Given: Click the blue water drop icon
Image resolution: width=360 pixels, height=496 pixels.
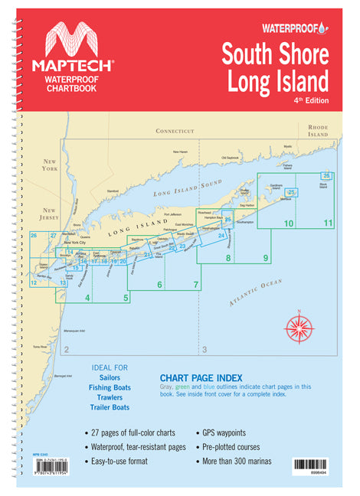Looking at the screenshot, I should [322, 28].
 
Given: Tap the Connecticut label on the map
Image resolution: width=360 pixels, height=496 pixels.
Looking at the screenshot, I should [175, 131].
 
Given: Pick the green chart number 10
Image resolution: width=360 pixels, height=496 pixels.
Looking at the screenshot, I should [289, 224].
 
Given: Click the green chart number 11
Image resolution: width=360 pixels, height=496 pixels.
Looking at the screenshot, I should [328, 224].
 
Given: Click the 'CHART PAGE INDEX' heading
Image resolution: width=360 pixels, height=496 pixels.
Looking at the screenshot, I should [201, 377].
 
